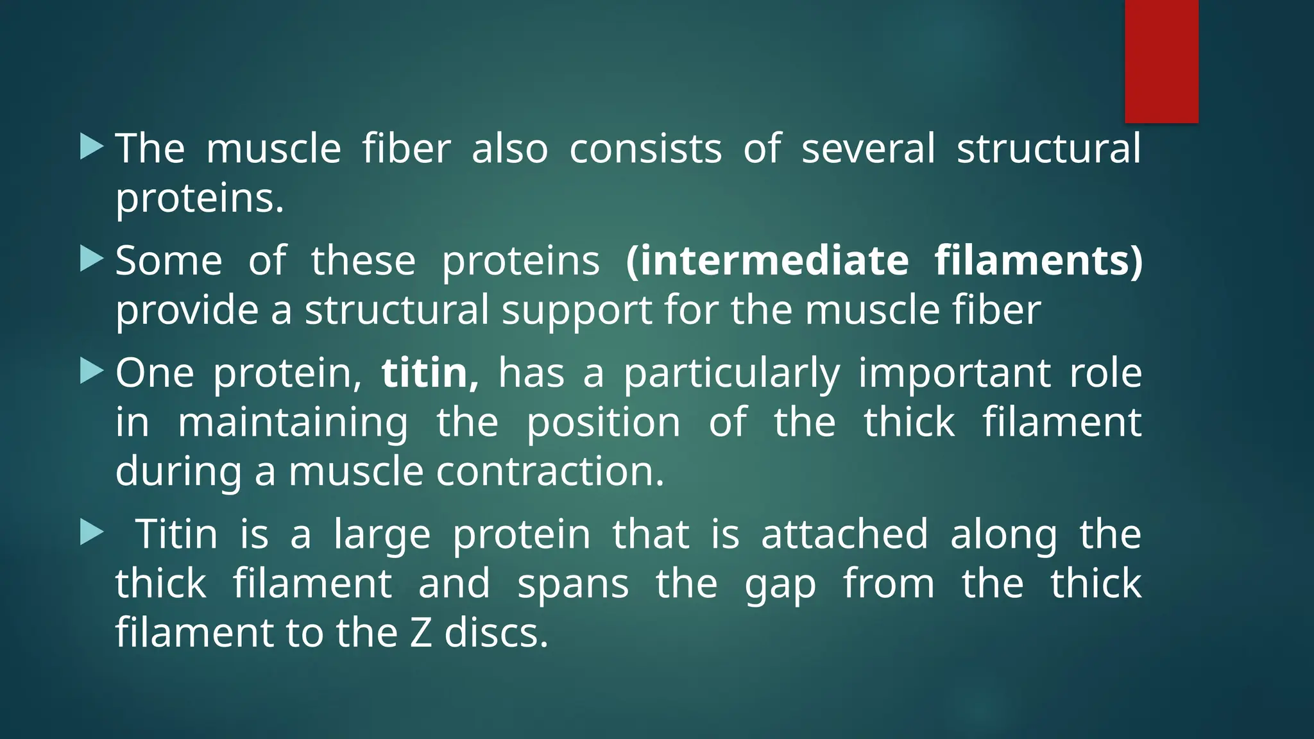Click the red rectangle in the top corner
pos(1161,61)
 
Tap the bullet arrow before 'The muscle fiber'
pos(91,147)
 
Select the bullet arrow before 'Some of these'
pos(91,259)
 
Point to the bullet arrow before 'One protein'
pos(91,371)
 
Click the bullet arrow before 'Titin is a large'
pos(91,532)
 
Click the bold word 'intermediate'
pos(767,260)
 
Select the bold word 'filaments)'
pos(1038,260)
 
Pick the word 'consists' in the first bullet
pos(645,149)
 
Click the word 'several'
pos(868,149)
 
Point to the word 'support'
pos(576,310)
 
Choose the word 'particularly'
pos(731,374)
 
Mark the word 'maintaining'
pos(293,423)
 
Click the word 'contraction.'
pos(550,471)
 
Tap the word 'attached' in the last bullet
pos(844,534)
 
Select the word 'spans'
pos(573,585)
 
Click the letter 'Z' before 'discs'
pos(420,633)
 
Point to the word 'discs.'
pos(497,633)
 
